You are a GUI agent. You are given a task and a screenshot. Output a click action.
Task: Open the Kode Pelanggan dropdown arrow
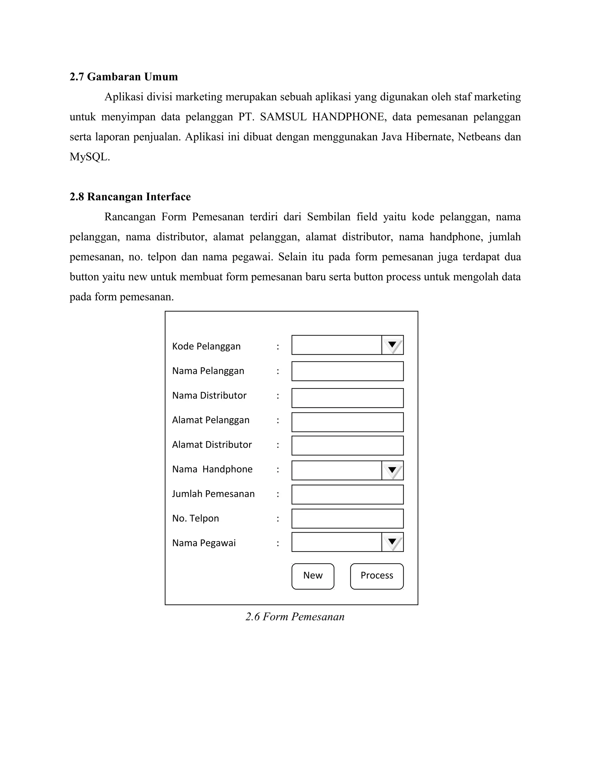coord(392,345)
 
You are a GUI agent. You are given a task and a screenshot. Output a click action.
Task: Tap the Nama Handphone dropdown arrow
coord(392,471)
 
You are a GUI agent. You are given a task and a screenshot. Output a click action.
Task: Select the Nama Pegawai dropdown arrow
coord(392,542)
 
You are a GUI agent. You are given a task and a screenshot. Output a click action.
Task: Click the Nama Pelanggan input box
coord(347,371)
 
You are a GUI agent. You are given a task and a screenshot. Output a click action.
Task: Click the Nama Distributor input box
coord(347,398)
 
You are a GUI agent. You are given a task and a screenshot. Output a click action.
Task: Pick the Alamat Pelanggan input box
coord(347,422)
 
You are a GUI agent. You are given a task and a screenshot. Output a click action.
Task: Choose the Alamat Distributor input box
coord(347,445)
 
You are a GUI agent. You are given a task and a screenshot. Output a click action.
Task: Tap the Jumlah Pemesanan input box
coord(347,495)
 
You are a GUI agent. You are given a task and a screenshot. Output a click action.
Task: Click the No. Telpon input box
coord(347,519)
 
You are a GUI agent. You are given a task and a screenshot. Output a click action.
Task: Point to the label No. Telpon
coord(195,518)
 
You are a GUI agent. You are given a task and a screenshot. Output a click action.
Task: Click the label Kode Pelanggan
coord(206,346)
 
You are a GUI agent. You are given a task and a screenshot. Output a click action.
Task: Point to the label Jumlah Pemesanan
coord(213,494)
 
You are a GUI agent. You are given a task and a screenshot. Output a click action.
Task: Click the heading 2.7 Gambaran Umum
coord(124,77)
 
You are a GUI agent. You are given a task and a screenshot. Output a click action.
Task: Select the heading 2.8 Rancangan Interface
coord(130,197)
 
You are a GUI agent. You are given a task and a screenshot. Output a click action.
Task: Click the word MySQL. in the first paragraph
coord(90,157)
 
